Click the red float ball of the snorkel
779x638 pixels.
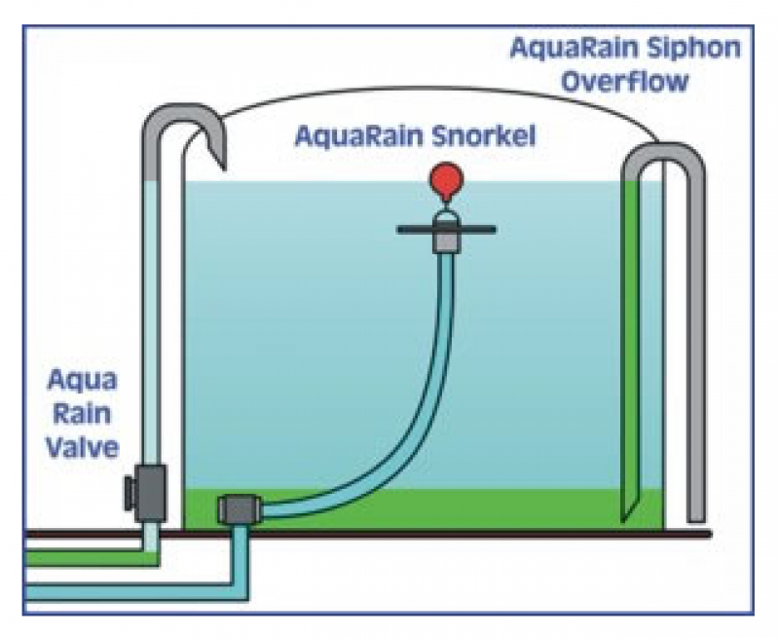446,179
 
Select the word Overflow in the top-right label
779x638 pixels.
625,79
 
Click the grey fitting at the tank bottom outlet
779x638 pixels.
239,509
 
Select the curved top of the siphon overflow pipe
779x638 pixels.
661,151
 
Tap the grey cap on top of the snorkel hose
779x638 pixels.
446,236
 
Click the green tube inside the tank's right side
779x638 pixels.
632,341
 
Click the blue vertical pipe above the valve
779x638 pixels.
152,321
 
